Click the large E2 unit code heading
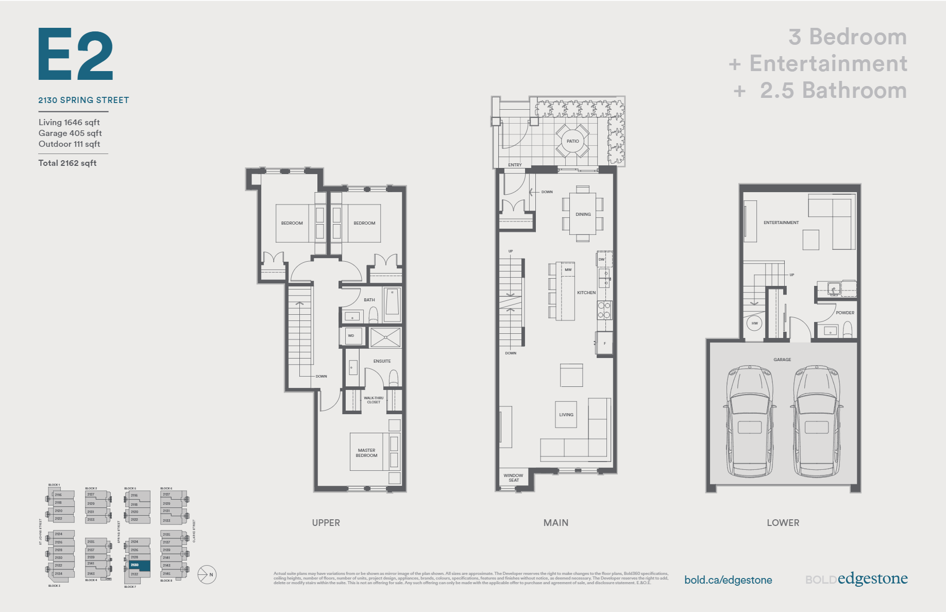tap(76, 54)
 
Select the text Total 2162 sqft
tap(67, 163)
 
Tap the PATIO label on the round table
tap(572, 141)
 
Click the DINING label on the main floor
tap(583, 214)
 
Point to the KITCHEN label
tap(586, 293)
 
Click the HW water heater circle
tap(754, 324)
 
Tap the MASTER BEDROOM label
tap(366, 453)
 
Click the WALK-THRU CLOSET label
tap(374, 400)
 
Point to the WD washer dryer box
tap(351, 336)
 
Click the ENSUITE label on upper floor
tap(382, 361)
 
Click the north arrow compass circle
tap(207, 574)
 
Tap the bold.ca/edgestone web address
tap(728, 580)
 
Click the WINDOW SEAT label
tap(513, 478)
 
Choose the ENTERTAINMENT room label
tap(781, 223)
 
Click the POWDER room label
tap(844, 313)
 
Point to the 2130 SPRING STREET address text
tap(83, 100)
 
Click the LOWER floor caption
tap(783, 522)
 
